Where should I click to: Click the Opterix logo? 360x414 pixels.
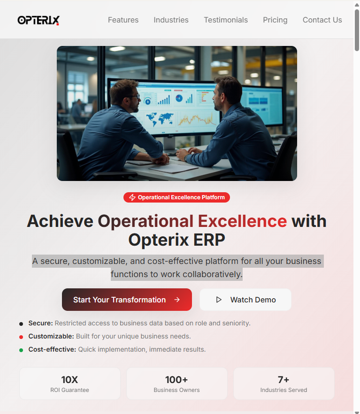[38, 20]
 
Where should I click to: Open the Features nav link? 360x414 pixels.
[123, 20]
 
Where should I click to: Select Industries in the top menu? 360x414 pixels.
[171, 20]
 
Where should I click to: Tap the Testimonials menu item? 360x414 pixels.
[226, 20]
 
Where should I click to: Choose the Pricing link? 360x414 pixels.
[275, 20]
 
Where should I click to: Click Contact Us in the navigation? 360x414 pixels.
[322, 20]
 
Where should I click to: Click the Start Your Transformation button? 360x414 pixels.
[127, 300]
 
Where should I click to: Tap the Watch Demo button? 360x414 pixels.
[245, 300]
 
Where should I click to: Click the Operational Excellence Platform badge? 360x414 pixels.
[176, 197]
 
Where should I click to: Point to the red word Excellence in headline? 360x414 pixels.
[242, 221]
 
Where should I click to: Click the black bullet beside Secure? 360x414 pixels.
[21, 324]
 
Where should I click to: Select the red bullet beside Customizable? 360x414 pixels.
[21, 337]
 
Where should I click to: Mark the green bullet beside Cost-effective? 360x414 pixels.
[21, 350]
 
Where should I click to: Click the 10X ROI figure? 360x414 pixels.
[69, 380]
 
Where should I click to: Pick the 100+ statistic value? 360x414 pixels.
[176, 380]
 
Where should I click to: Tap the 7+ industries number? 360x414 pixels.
[283, 380]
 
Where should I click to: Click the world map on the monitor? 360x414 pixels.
[160, 120]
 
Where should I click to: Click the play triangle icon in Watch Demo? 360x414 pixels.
[219, 300]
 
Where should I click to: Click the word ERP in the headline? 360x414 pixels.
[209, 240]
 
